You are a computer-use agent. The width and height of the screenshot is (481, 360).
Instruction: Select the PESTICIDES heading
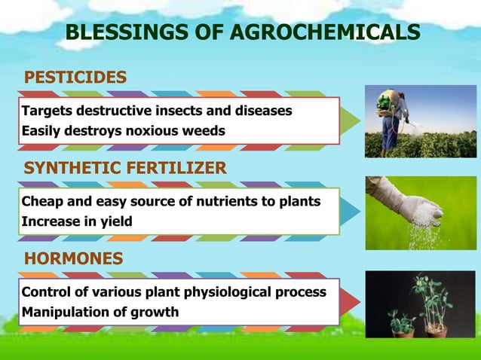point(75,78)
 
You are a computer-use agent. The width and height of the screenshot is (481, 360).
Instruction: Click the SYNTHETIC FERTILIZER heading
point(125,168)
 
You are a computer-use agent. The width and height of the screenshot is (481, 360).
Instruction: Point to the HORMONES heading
point(74,259)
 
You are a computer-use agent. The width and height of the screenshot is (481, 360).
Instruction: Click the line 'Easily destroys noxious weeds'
point(123,130)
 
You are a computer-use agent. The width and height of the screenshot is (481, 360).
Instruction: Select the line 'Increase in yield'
point(77,221)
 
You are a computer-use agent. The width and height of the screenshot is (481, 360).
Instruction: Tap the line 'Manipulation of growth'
point(100,312)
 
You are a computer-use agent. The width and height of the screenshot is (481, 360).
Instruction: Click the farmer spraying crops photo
point(420,121)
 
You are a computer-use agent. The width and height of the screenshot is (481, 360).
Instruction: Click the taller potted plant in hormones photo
point(434,305)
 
